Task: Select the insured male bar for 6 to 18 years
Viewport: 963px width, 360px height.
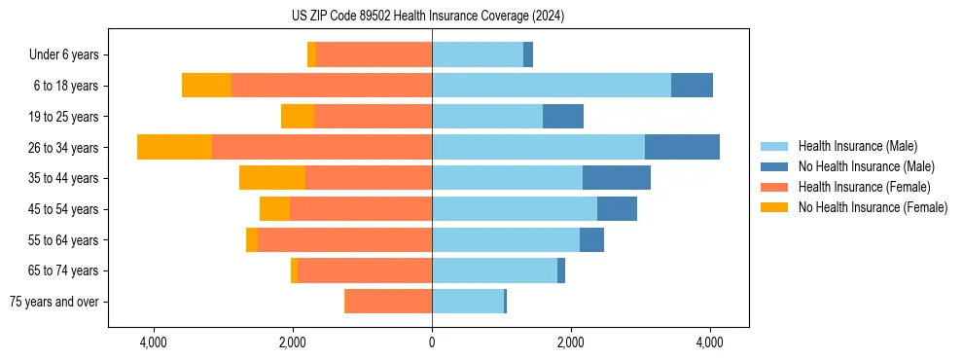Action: (x=551, y=86)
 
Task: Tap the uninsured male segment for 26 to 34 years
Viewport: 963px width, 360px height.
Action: (x=682, y=147)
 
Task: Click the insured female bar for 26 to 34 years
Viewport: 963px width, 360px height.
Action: (x=322, y=147)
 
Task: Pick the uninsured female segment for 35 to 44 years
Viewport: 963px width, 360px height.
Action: (x=272, y=178)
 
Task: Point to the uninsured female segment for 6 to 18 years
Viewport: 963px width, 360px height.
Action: (x=206, y=86)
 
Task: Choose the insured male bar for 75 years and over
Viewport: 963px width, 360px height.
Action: (x=468, y=302)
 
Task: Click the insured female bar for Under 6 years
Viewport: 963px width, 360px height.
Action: (x=374, y=54)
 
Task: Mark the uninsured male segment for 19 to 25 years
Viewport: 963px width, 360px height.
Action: (x=563, y=117)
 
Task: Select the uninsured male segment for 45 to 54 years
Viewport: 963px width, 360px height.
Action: (x=617, y=209)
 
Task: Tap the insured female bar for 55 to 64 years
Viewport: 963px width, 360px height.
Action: (x=345, y=240)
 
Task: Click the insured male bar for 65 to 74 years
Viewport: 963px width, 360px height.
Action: (x=494, y=270)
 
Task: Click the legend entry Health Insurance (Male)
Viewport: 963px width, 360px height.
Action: (x=857, y=146)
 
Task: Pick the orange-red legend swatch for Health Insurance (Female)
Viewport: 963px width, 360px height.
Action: (x=774, y=187)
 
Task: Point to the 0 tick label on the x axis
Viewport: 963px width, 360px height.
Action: (x=432, y=342)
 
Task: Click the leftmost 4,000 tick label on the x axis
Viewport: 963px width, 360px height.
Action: (x=155, y=342)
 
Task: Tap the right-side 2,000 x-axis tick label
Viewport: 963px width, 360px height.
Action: (x=571, y=342)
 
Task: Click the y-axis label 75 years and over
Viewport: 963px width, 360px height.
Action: (x=53, y=302)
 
